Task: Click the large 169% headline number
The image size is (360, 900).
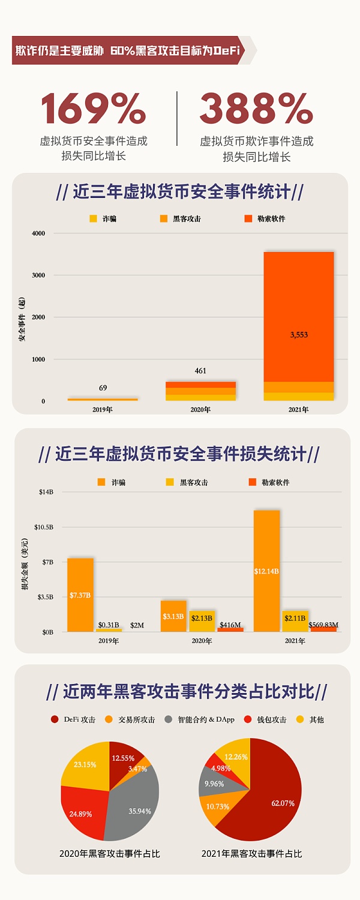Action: (x=93, y=109)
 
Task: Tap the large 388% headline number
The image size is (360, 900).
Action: (x=256, y=109)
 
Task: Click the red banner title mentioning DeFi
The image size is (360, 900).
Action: (x=127, y=51)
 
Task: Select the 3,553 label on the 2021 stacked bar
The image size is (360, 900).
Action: (x=298, y=335)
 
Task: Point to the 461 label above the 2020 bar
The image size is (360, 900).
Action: (x=200, y=371)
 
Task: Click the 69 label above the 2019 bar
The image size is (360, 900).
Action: (x=103, y=388)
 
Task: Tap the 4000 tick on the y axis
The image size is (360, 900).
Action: (x=38, y=233)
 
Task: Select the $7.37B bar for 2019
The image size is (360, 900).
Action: (x=80, y=595)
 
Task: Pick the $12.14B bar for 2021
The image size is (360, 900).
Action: (x=266, y=571)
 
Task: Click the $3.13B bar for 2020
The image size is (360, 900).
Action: (x=173, y=616)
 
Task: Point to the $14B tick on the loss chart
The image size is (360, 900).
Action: (x=46, y=492)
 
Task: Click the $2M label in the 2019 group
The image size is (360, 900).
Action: (x=137, y=625)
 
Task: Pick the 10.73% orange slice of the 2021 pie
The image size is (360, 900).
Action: (x=217, y=806)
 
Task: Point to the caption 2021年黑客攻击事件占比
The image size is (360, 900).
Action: (x=251, y=853)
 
